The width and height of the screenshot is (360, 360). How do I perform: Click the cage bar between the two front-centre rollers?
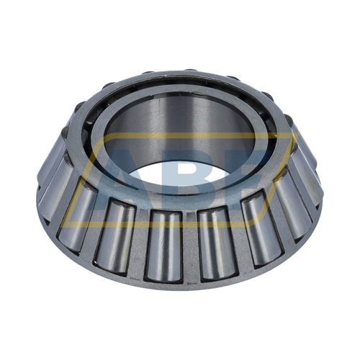(x=188, y=245)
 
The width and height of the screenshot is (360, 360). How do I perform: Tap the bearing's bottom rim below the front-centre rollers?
(x=189, y=287)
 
